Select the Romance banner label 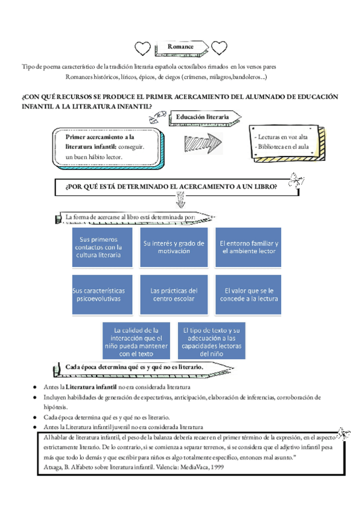tap(180, 46)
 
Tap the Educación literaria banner tap(203, 116)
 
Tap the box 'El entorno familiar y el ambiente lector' tap(249, 247)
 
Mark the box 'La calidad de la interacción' tap(138, 341)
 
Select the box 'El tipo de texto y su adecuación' tap(212, 341)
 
